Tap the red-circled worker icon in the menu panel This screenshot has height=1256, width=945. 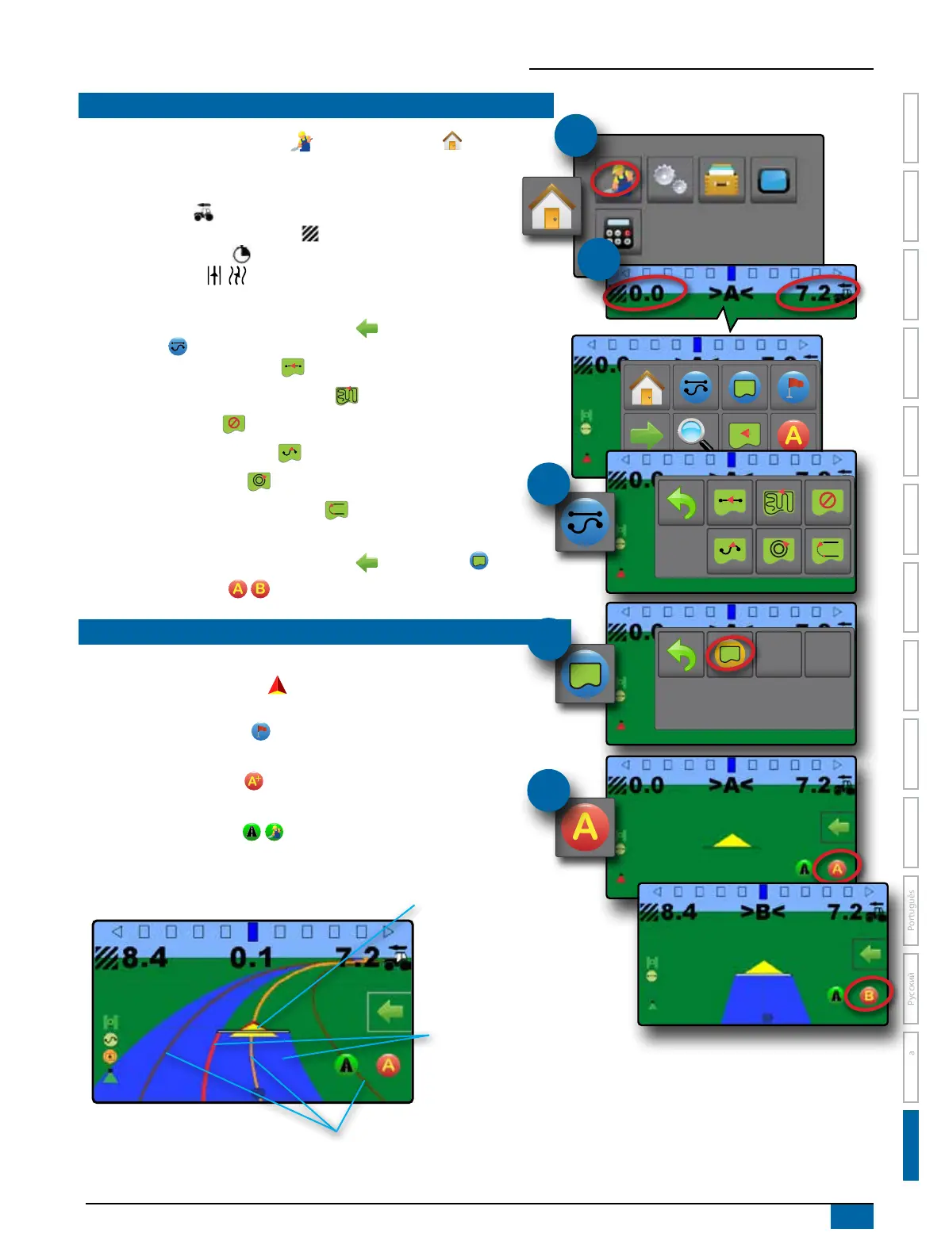pyautogui.click(x=615, y=178)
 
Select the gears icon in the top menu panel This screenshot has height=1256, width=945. pyautogui.click(x=669, y=179)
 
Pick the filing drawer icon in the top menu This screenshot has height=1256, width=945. pyautogui.click(x=721, y=179)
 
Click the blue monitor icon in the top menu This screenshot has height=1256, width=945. pyautogui.click(x=773, y=180)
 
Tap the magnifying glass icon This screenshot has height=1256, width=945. pyautogui.click(x=694, y=433)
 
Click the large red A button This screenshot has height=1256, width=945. pyautogui.click(x=585, y=827)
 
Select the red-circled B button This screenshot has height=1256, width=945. pyautogui.click(x=868, y=995)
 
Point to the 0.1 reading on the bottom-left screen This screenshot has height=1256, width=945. pyautogui.click(x=251, y=958)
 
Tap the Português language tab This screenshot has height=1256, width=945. pyautogui.click(x=911, y=910)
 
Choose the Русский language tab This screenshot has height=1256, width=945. pyautogui.click(x=911, y=988)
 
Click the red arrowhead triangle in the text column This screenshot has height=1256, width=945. pyautogui.click(x=277, y=686)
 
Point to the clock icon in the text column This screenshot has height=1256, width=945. pyautogui.click(x=241, y=254)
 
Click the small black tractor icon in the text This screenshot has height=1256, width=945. pyautogui.click(x=203, y=213)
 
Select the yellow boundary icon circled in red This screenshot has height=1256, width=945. pyautogui.click(x=729, y=654)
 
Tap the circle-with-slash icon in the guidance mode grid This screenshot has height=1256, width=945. pyautogui.click(x=827, y=501)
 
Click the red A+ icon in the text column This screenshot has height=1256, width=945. pyautogui.click(x=253, y=781)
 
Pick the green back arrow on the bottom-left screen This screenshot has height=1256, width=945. pyautogui.click(x=389, y=1012)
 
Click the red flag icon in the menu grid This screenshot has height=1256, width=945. pyautogui.click(x=793, y=388)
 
